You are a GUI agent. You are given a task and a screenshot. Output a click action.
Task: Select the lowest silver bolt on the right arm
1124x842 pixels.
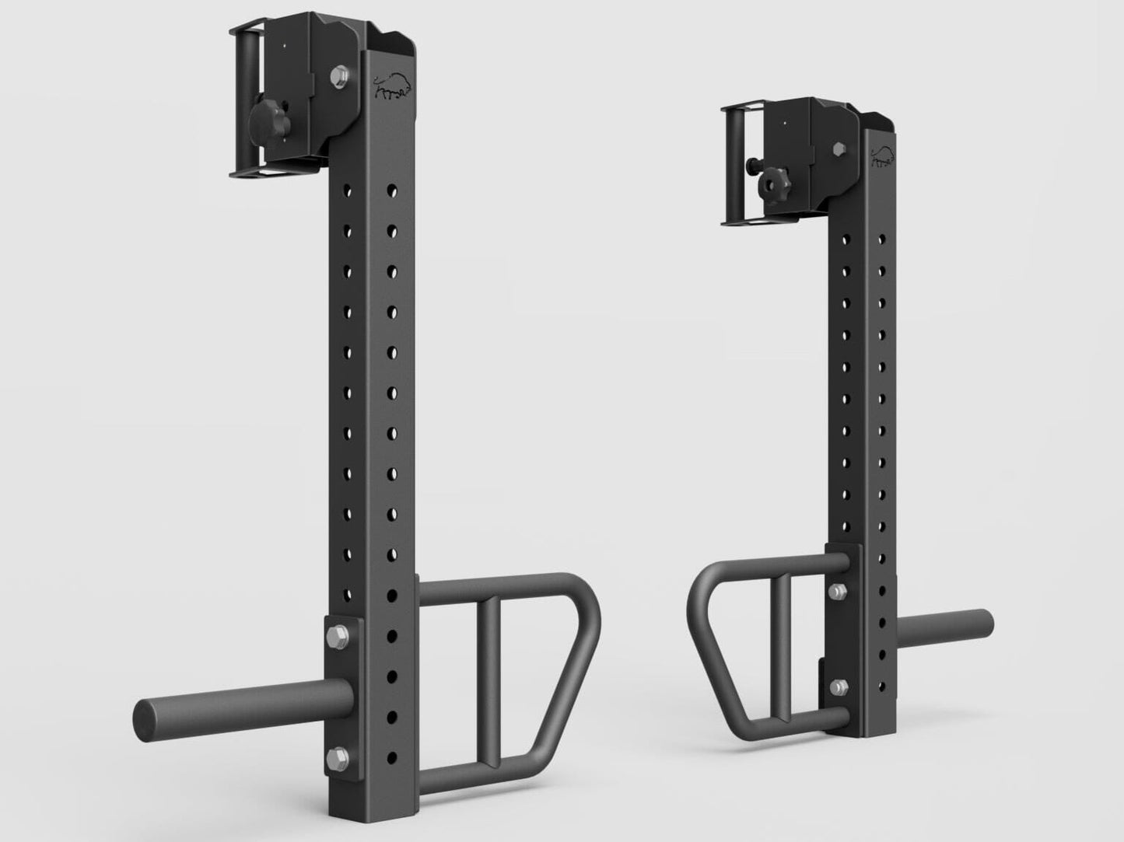(x=838, y=687)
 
